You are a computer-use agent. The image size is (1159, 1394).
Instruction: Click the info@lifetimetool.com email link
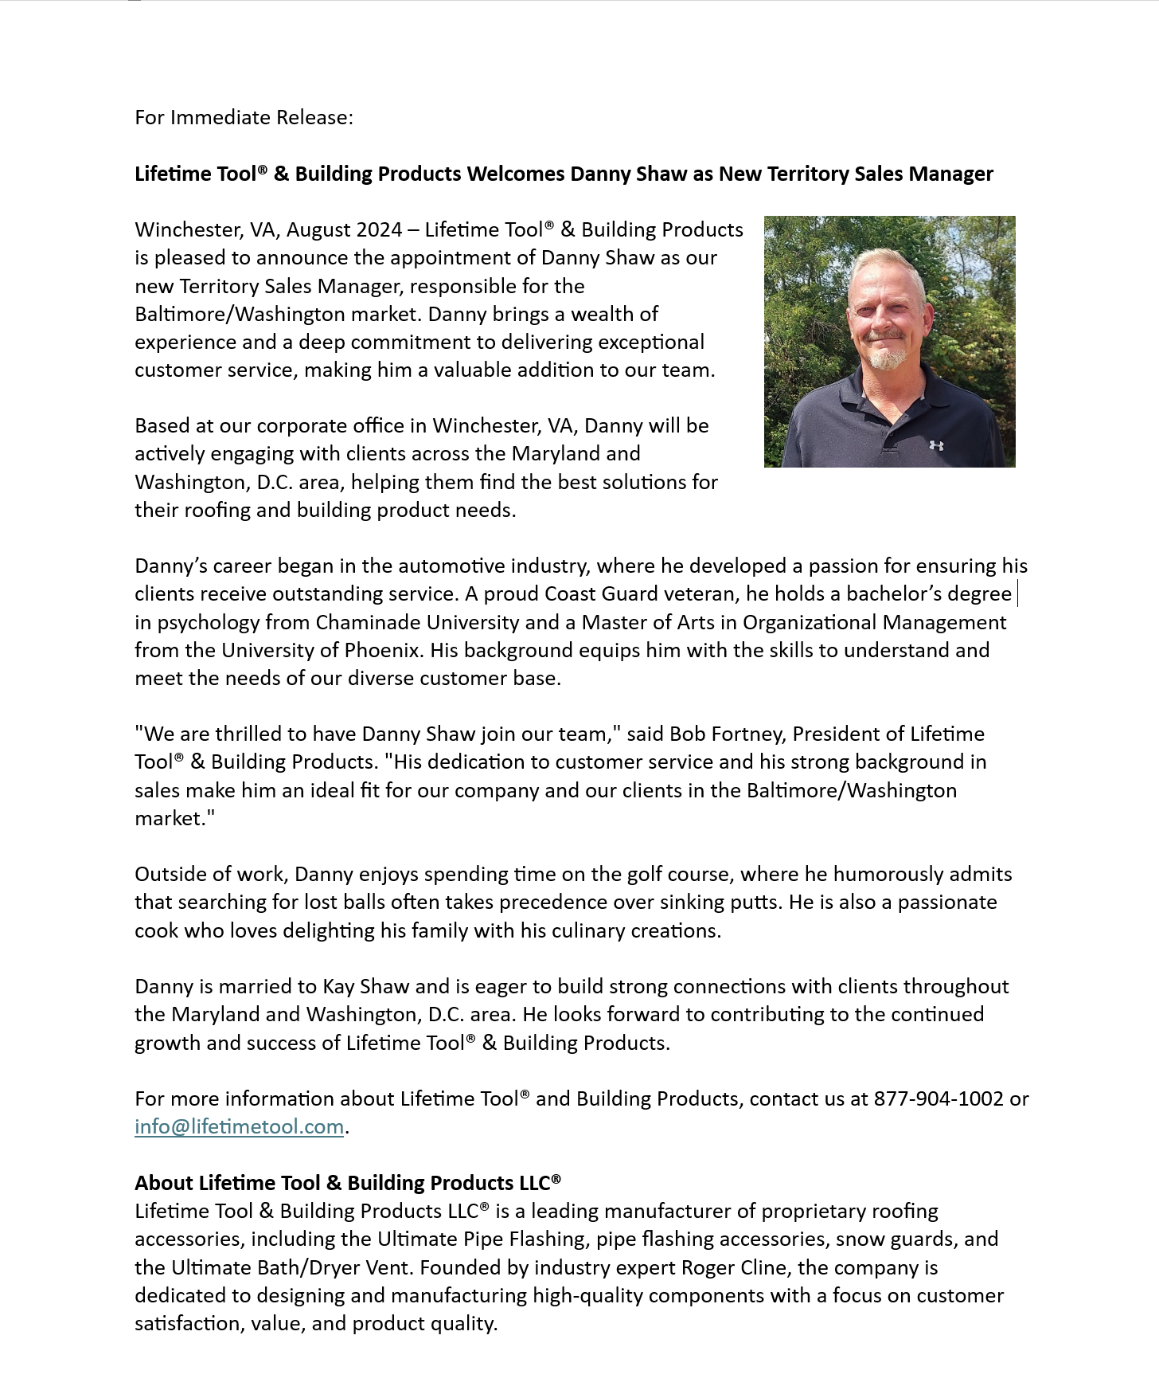(x=239, y=1126)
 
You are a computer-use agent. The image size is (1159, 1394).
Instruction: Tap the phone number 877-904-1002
(x=939, y=1098)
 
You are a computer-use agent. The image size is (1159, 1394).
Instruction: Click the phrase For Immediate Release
(x=244, y=118)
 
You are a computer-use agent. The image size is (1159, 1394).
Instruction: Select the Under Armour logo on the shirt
(x=936, y=445)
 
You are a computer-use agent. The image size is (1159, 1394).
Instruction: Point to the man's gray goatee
(x=887, y=359)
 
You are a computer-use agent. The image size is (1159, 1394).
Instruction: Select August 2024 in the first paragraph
(x=344, y=230)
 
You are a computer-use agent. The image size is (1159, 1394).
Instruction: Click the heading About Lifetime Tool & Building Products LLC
(x=348, y=1183)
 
